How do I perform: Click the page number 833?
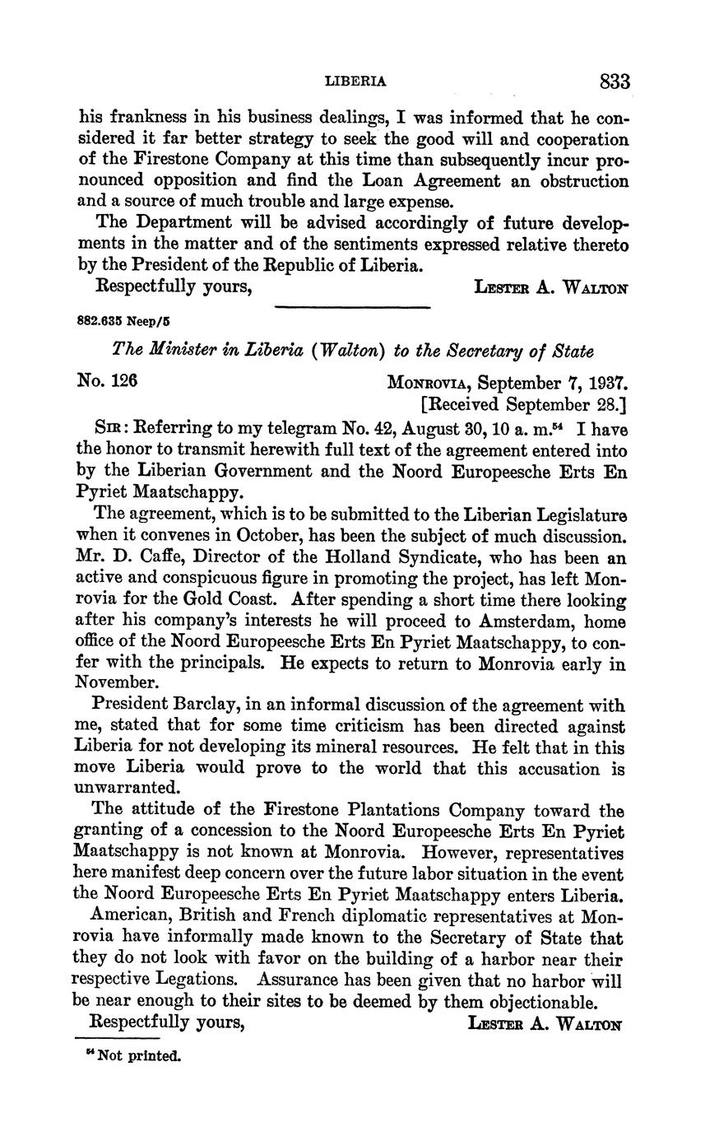tap(615, 81)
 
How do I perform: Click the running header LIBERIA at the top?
tap(355, 81)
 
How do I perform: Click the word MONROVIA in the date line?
tap(428, 384)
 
